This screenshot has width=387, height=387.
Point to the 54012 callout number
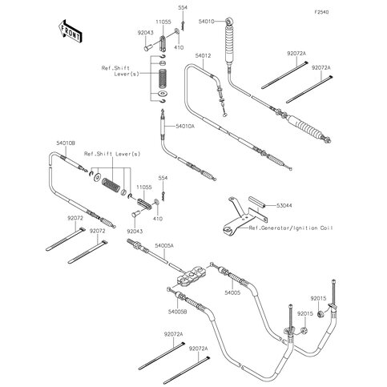pos(203,56)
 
